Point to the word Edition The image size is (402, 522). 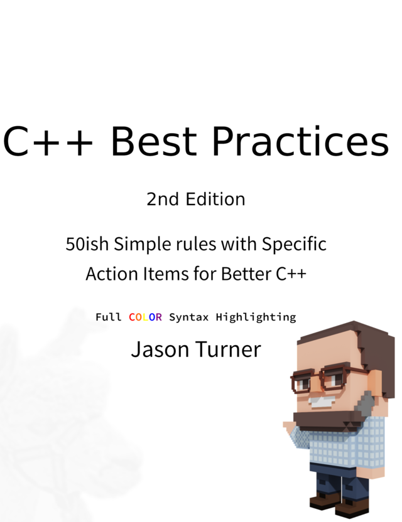click(215, 199)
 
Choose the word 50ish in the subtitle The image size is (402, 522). click(87, 244)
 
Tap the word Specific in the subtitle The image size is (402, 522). click(294, 245)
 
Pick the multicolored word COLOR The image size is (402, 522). click(145, 317)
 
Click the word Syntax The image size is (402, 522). click(188, 317)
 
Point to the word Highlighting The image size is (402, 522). click(256, 317)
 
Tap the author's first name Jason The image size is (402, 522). click(160, 349)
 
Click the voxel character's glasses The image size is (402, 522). click(319, 380)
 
